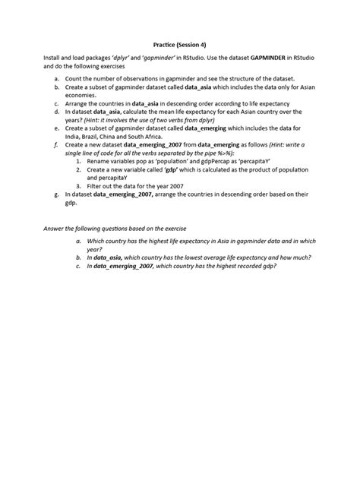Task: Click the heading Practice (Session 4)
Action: click(x=179, y=45)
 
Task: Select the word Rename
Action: click(x=100, y=162)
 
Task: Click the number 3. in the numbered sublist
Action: click(x=78, y=185)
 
